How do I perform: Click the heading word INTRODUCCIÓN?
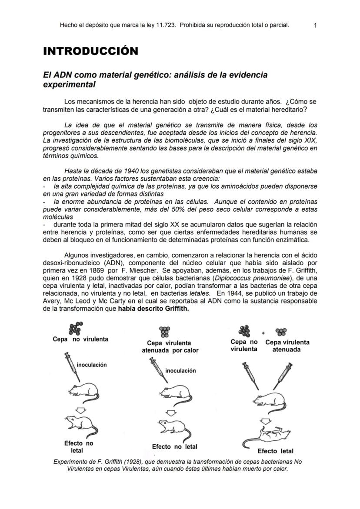[x=90, y=51]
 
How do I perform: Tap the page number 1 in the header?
[x=315, y=25]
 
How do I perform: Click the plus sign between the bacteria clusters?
[x=263, y=333]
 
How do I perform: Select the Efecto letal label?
[x=275, y=451]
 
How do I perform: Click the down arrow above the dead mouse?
[x=266, y=420]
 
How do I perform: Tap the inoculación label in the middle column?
[x=180, y=371]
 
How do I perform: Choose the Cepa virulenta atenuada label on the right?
[x=287, y=346]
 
